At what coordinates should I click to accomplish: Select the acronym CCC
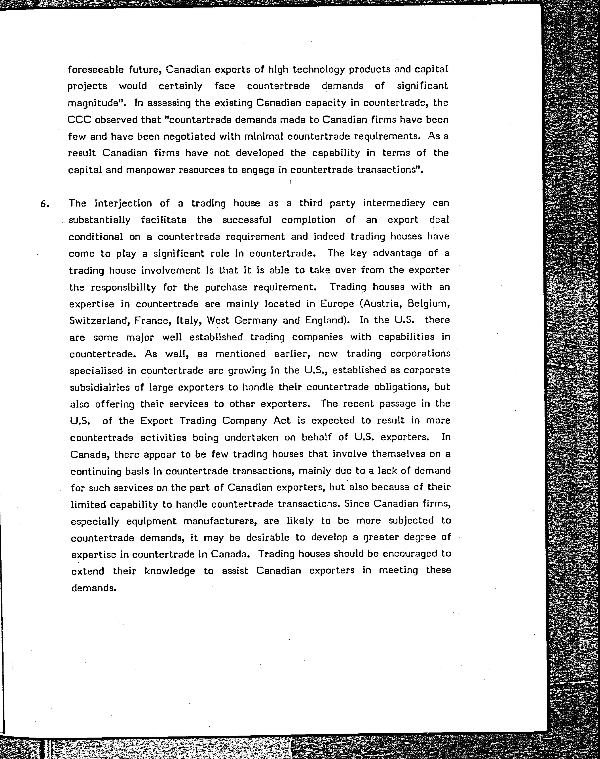(x=79, y=120)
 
